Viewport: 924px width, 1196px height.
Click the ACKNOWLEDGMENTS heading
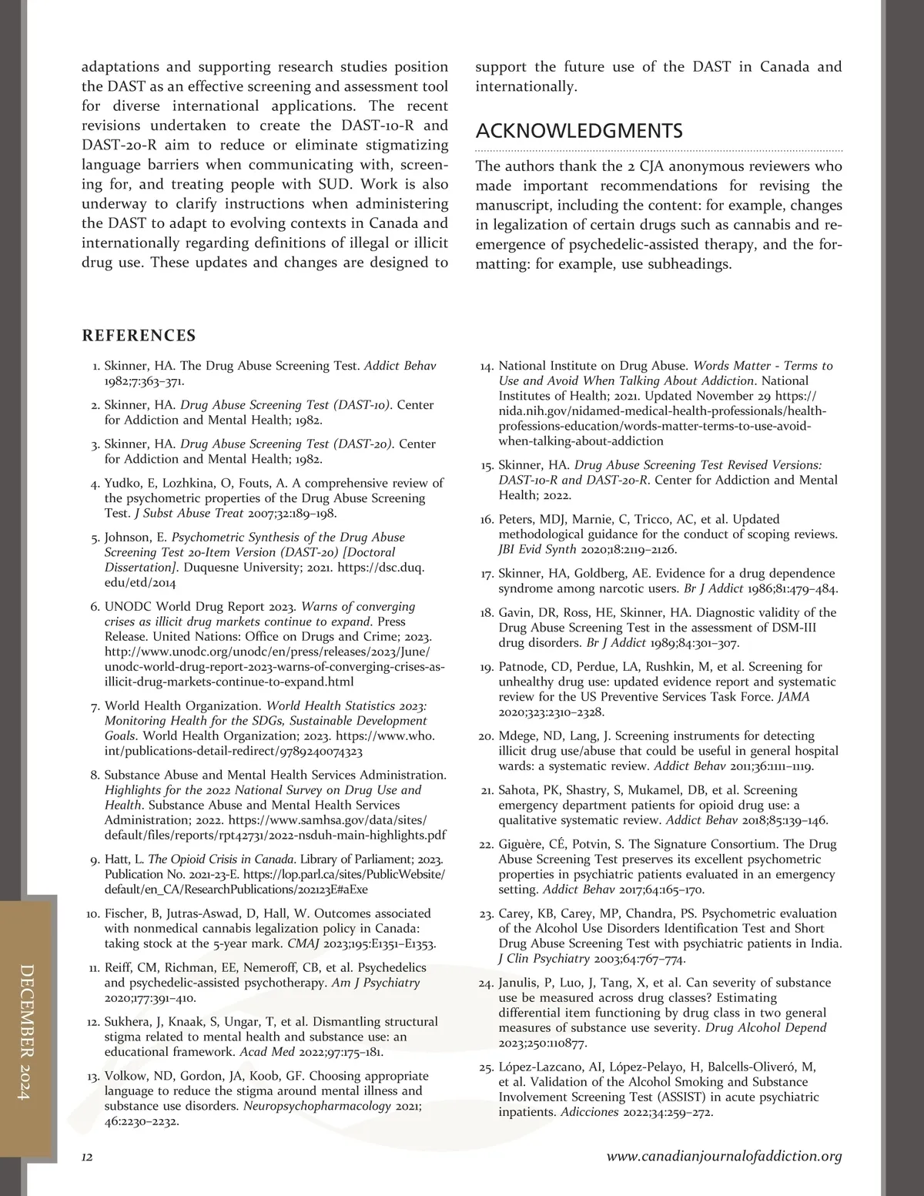pos(579,131)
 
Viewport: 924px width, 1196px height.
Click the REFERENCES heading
pos(139,336)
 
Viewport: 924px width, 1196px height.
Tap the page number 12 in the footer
pos(87,1157)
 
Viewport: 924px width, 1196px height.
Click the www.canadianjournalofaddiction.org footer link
pos(724,1157)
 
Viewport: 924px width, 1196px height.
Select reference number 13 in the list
pos(93,1077)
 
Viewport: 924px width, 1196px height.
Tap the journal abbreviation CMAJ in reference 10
pos(302,943)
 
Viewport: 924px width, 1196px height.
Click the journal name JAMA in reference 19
pos(793,697)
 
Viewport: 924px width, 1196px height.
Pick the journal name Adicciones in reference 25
pos(589,1113)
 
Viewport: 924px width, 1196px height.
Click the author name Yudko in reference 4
pos(121,484)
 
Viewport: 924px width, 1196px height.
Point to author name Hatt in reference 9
pos(116,859)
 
